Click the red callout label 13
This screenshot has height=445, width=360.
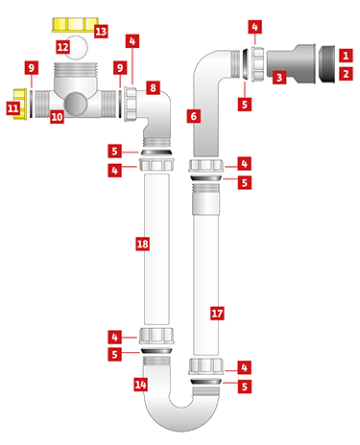pos(101,32)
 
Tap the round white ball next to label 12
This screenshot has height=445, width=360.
pos(77,48)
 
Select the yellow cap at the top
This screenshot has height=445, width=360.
pos(76,25)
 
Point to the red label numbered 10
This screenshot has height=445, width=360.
pos(57,117)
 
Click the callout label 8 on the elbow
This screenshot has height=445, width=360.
pos(153,87)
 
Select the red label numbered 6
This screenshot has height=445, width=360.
pos(194,116)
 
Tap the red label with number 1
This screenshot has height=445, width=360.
pos(346,56)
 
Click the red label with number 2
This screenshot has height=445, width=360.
pos(346,74)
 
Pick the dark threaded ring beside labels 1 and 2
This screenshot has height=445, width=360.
pos(327,64)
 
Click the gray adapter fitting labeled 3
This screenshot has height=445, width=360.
pos(292,64)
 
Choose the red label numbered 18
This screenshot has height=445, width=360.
pos(142,244)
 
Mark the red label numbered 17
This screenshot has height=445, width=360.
pos(217,313)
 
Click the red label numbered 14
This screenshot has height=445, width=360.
pos(141,385)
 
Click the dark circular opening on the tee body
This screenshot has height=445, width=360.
pos(76,104)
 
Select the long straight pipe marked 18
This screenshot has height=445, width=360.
pos(156,249)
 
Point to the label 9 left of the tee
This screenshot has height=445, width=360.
pos(32,68)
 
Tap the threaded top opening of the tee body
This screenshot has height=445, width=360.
pos(76,69)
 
